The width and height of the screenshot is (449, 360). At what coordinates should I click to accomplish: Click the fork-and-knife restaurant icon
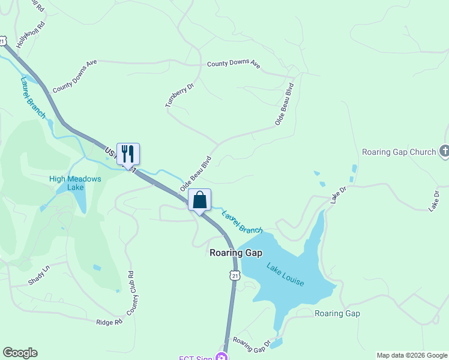click(x=128, y=154)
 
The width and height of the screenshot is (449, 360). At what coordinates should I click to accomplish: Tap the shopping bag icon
click(x=200, y=200)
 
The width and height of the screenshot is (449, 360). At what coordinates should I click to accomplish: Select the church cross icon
click(x=444, y=151)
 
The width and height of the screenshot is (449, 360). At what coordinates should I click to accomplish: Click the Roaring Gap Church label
click(x=399, y=152)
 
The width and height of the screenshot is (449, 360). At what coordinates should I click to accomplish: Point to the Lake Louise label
click(x=285, y=274)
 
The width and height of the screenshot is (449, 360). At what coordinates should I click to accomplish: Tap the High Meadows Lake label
click(x=75, y=183)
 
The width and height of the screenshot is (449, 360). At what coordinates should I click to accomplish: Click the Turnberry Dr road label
click(x=180, y=95)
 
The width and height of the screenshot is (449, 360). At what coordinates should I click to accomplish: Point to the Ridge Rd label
click(x=109, y=322)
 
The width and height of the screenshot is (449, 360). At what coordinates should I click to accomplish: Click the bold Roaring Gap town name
click(x=236, y=253)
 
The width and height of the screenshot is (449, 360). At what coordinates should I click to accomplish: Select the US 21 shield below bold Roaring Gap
click(x=235, y=274)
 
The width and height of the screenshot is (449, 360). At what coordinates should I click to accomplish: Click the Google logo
click(x=20, y=353)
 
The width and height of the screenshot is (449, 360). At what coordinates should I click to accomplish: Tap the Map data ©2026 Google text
click(x=412, y=355)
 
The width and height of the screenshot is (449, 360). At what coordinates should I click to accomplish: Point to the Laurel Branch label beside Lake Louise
click(x=242, y=221)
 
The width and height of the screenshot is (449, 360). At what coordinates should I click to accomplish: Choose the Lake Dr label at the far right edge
click(x=435, y=200)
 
